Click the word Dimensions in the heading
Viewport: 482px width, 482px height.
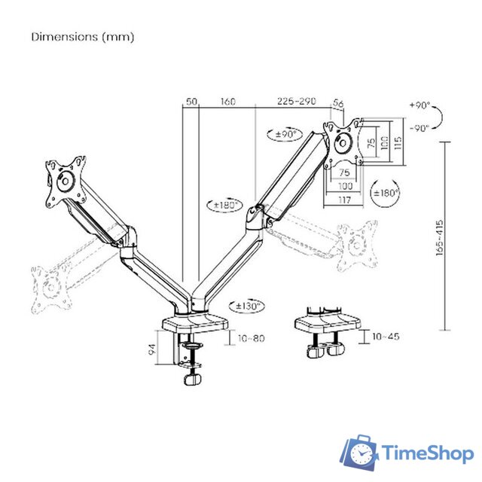[64, 37]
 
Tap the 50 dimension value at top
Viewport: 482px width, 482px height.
[191, 101]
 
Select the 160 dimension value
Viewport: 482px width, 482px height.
[227, 101]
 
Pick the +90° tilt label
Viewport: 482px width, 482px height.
[419, 105]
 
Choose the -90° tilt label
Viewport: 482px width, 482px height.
[419, 128]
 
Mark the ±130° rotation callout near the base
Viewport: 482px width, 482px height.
[248, 306]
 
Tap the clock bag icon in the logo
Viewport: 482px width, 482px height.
[360, 453]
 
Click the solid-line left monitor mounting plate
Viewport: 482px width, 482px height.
[65, 181]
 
